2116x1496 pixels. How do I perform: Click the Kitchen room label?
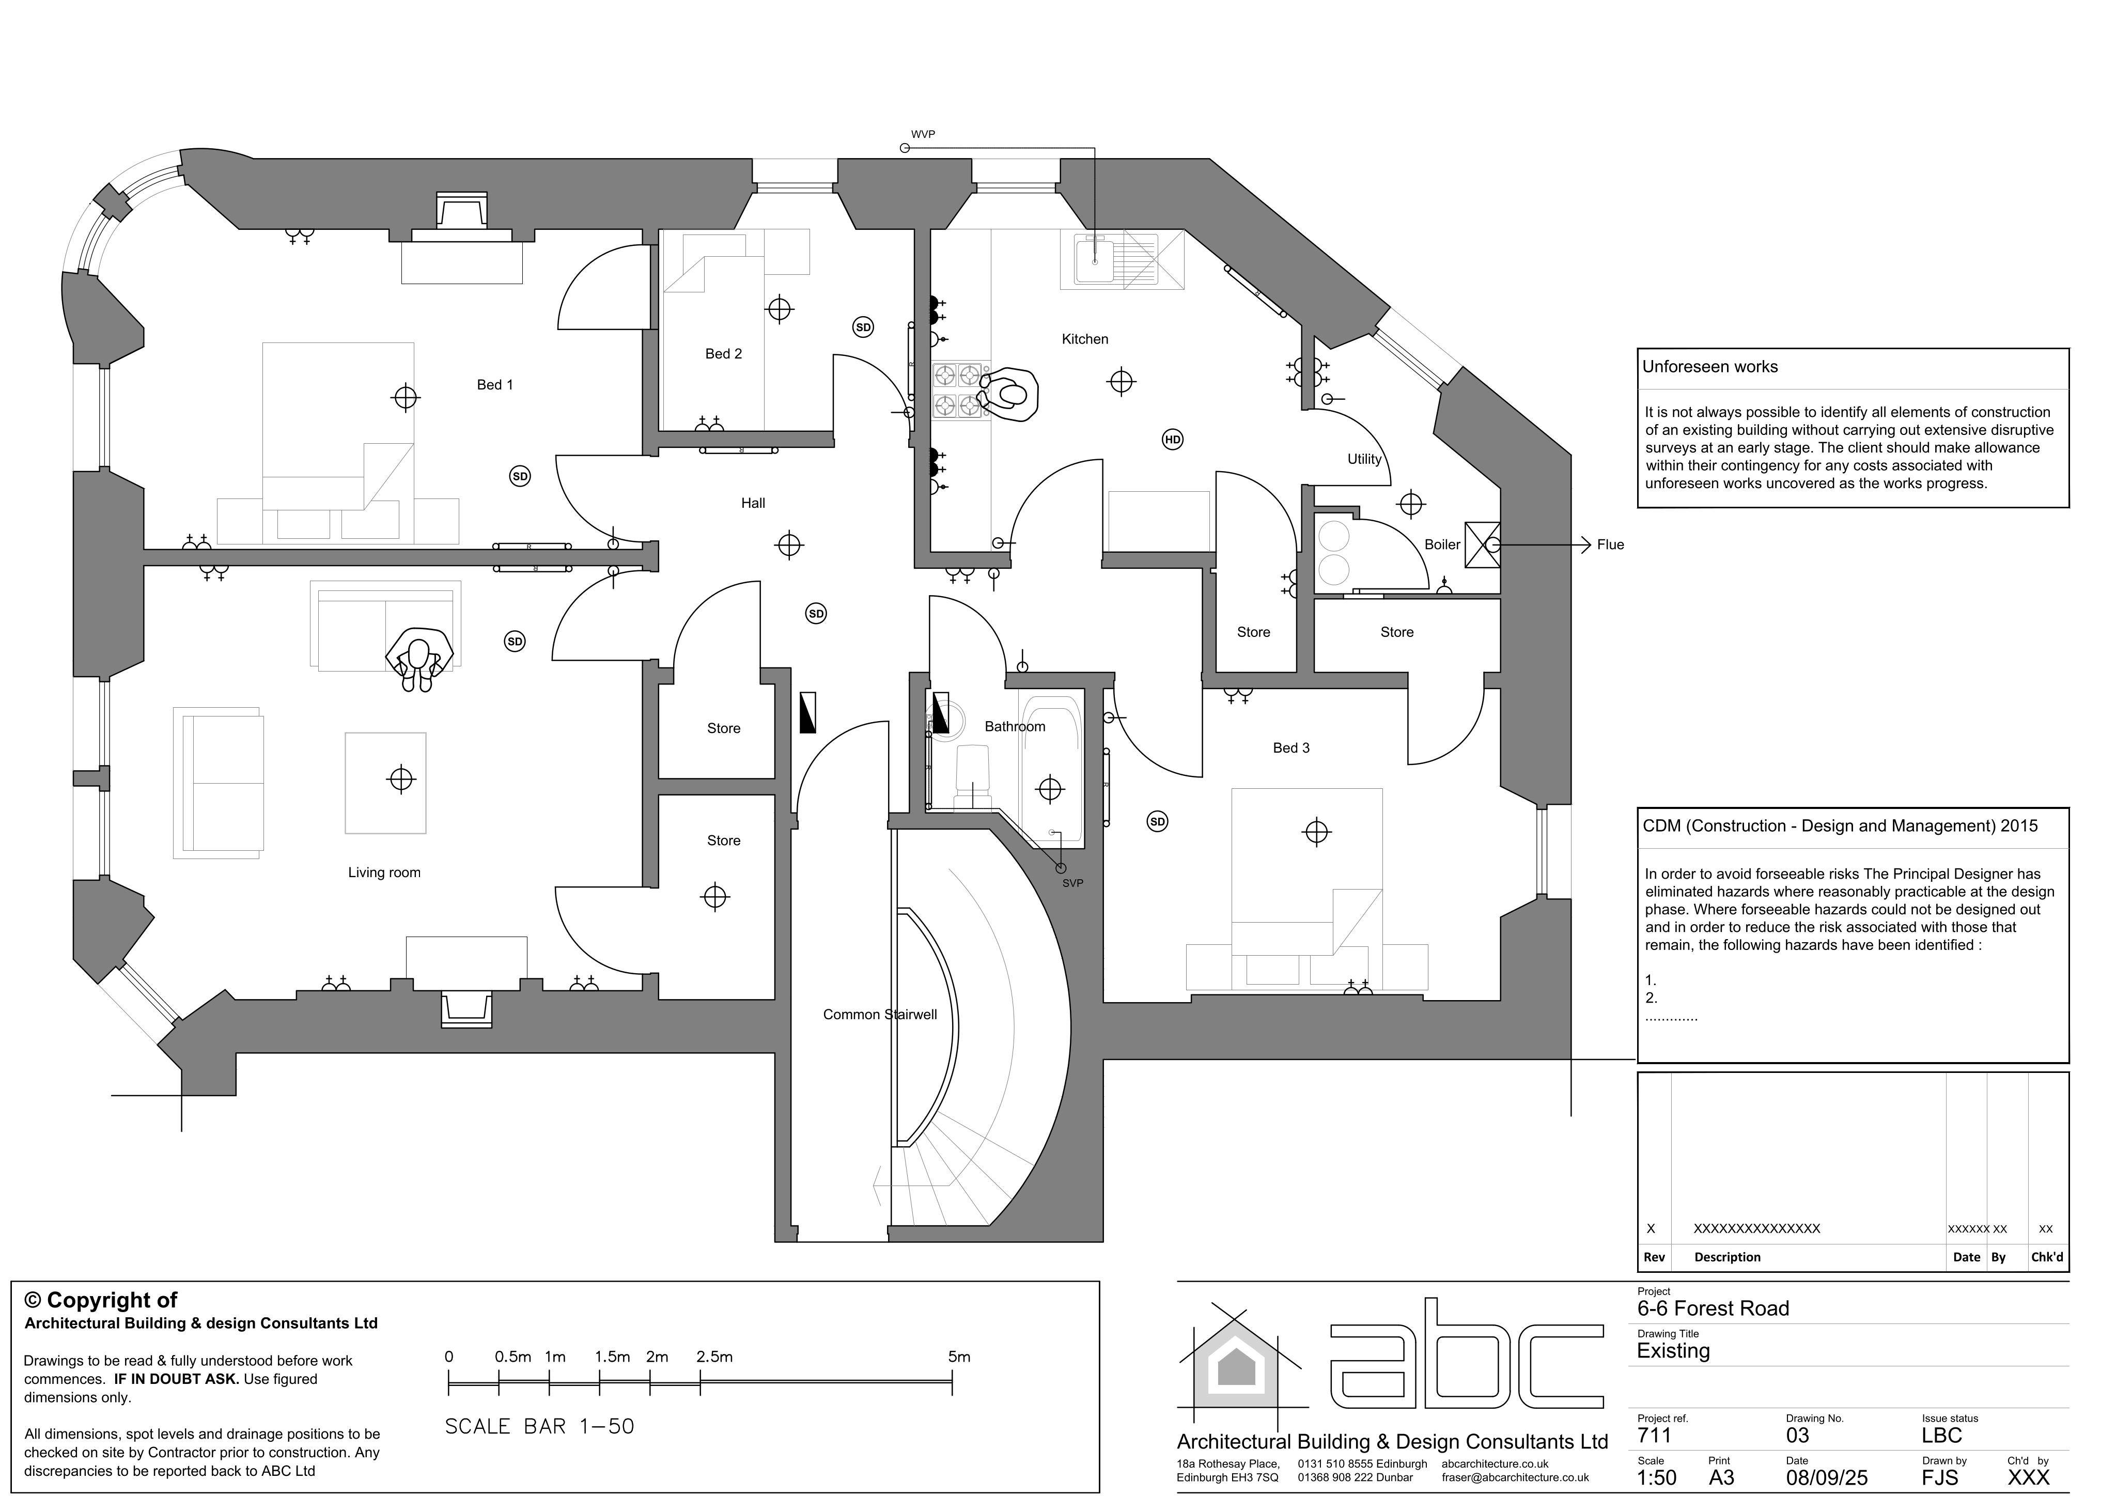tap(1085, 339)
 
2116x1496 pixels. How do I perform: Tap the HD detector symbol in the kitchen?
tap(1172, 440)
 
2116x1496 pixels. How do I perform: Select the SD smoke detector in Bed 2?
tap(863, 327)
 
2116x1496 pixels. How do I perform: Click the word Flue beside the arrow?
tap(1610, 545)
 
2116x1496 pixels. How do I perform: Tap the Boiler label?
tap(1442, 545)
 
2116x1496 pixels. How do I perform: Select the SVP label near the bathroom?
tap(1073, 883)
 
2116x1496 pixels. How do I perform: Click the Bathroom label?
tap(1015, 726)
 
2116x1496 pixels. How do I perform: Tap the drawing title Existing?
tap(1674, 1351)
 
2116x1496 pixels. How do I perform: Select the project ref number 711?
tap(1654, 1435)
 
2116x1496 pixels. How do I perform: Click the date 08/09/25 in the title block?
tap(1827, 1477)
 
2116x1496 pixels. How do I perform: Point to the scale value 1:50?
tap(1657, 1477)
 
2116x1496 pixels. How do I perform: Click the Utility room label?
tap(1364, 459)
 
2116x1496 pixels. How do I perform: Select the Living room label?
tap(384, 873)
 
